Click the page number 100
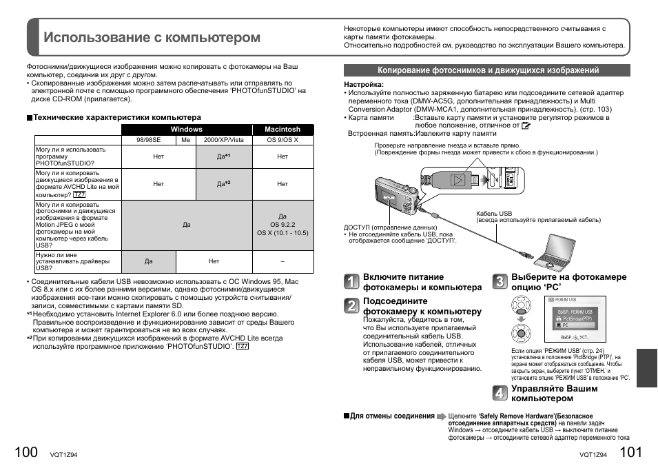[25, 452]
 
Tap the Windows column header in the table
[186, 129]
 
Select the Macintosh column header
[282, 129]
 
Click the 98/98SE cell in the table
[148, 140]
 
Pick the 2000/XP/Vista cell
[223, 140]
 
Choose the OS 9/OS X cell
[282, 140]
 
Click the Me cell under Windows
[185, 140]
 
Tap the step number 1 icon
[351, 282]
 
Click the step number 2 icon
[351, 305]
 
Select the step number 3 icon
[500, 281]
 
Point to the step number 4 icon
[500, 393]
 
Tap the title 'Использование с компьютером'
[152, 37]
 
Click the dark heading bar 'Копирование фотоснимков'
[487, 70]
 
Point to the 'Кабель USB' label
[494, 214]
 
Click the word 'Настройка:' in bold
[364, 84]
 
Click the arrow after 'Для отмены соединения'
[441, 416]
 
